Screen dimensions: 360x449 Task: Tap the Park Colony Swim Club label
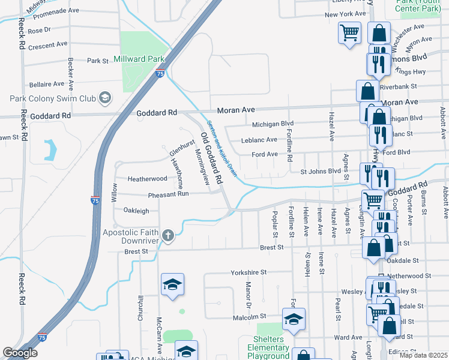pos(52,98)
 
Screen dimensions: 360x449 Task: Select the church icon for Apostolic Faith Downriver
pos(168,236)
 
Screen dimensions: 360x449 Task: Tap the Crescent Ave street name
pos(47,45)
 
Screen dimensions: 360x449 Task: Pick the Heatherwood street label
pos(147,179)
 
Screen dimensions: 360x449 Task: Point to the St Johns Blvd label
pos(320,172)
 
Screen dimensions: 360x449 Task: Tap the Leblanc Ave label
pos(259,140)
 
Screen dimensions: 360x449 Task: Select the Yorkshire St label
pos(248,272)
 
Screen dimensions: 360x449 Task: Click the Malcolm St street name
pos(249,316)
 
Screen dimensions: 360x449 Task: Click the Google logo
pos(20,353)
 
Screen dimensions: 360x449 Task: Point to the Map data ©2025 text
pos(423,355)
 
